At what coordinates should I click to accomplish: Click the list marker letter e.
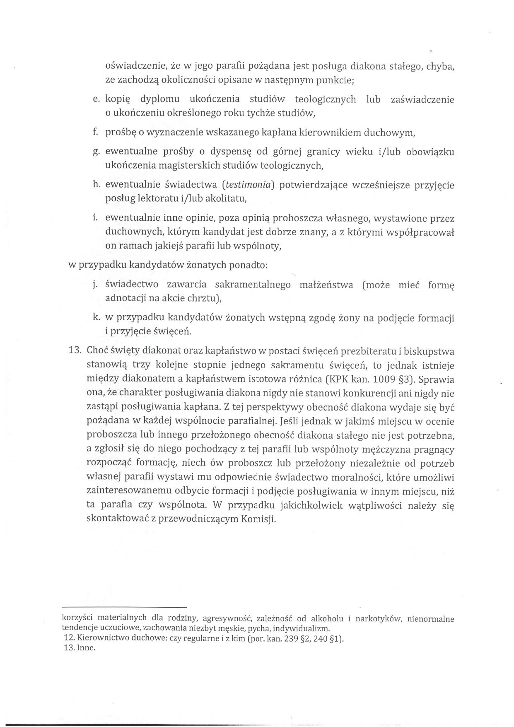95,100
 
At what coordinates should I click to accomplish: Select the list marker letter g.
95,152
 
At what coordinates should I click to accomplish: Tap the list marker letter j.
95,285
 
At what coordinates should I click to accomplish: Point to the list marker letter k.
95,318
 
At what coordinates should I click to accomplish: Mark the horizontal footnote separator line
125,606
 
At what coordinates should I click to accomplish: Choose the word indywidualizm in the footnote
305,628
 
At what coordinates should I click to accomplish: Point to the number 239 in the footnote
286,638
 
